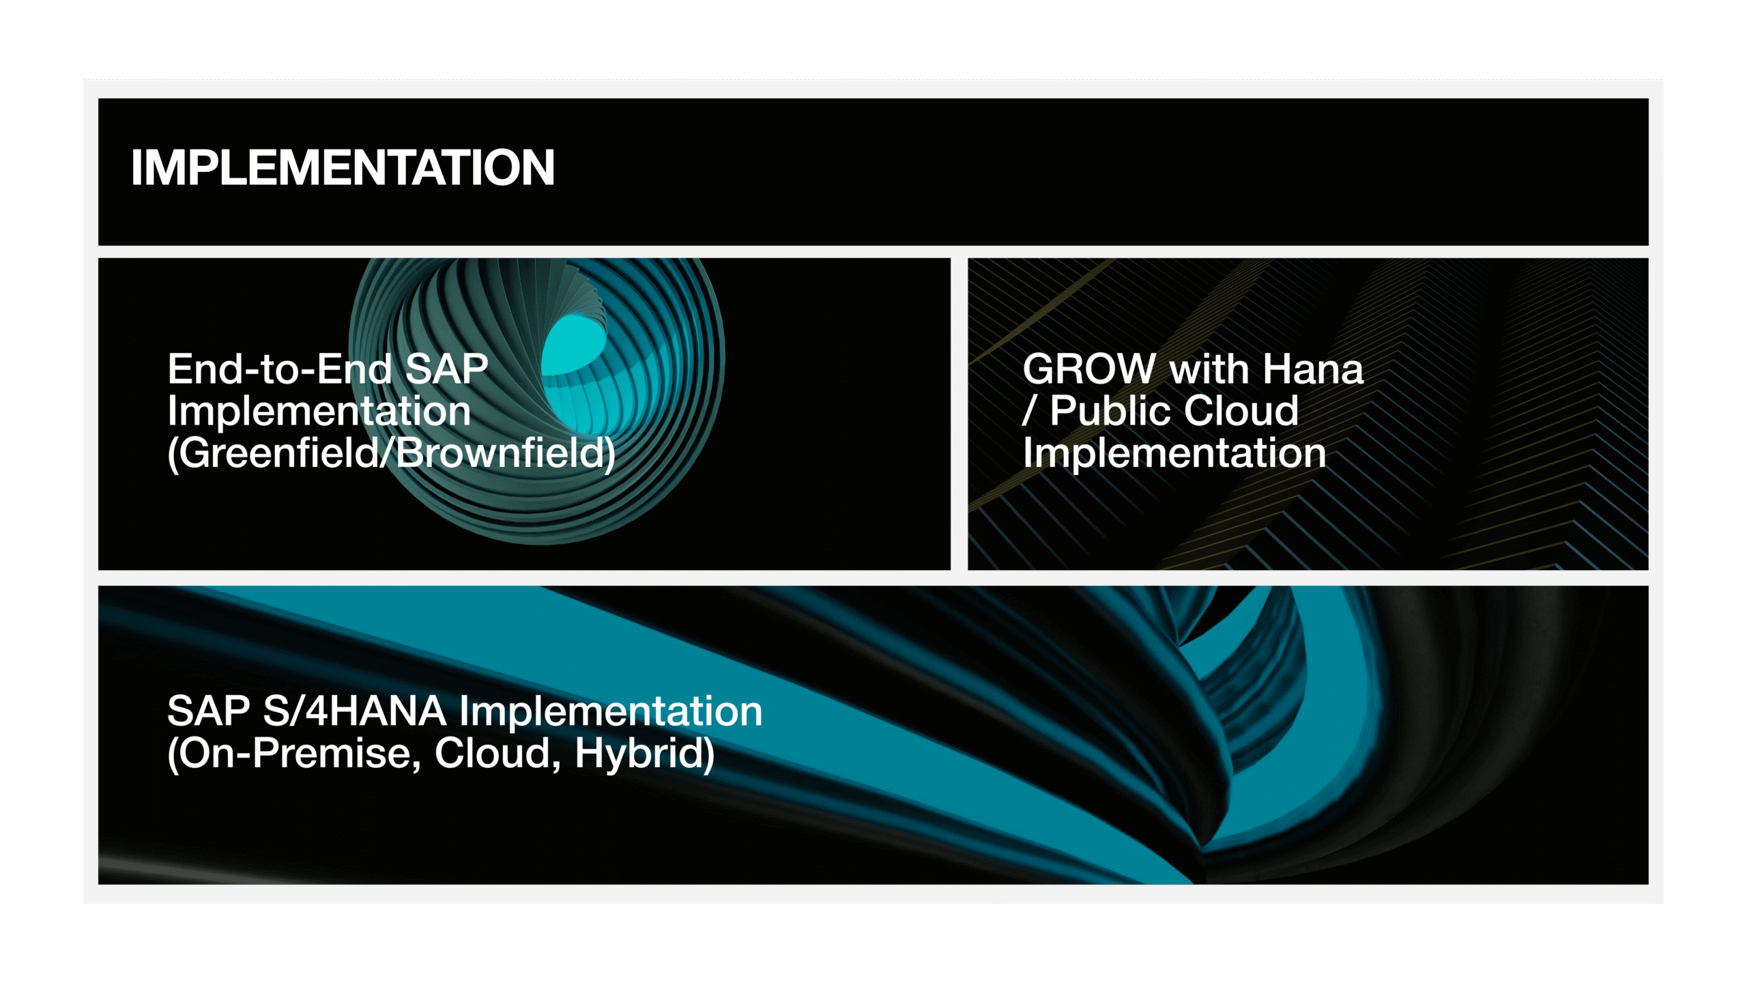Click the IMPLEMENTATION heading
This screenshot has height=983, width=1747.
pos(343,168)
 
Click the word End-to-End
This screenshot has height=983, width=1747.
pos(280,369)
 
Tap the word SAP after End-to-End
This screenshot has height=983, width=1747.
pos(447,369)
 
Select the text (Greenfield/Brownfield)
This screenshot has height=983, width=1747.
pos(392,453)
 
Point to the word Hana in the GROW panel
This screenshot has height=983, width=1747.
pos(1312,369)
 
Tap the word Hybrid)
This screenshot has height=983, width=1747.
pos(645,754)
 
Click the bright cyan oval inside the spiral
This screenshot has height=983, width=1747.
pos(574,344)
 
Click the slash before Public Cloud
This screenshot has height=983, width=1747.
pos(1029,411)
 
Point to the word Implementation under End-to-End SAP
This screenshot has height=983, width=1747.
pos(319,411)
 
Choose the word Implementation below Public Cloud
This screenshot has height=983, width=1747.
pos(1174,453)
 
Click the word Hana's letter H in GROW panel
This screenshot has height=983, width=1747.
pos(1276,369)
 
